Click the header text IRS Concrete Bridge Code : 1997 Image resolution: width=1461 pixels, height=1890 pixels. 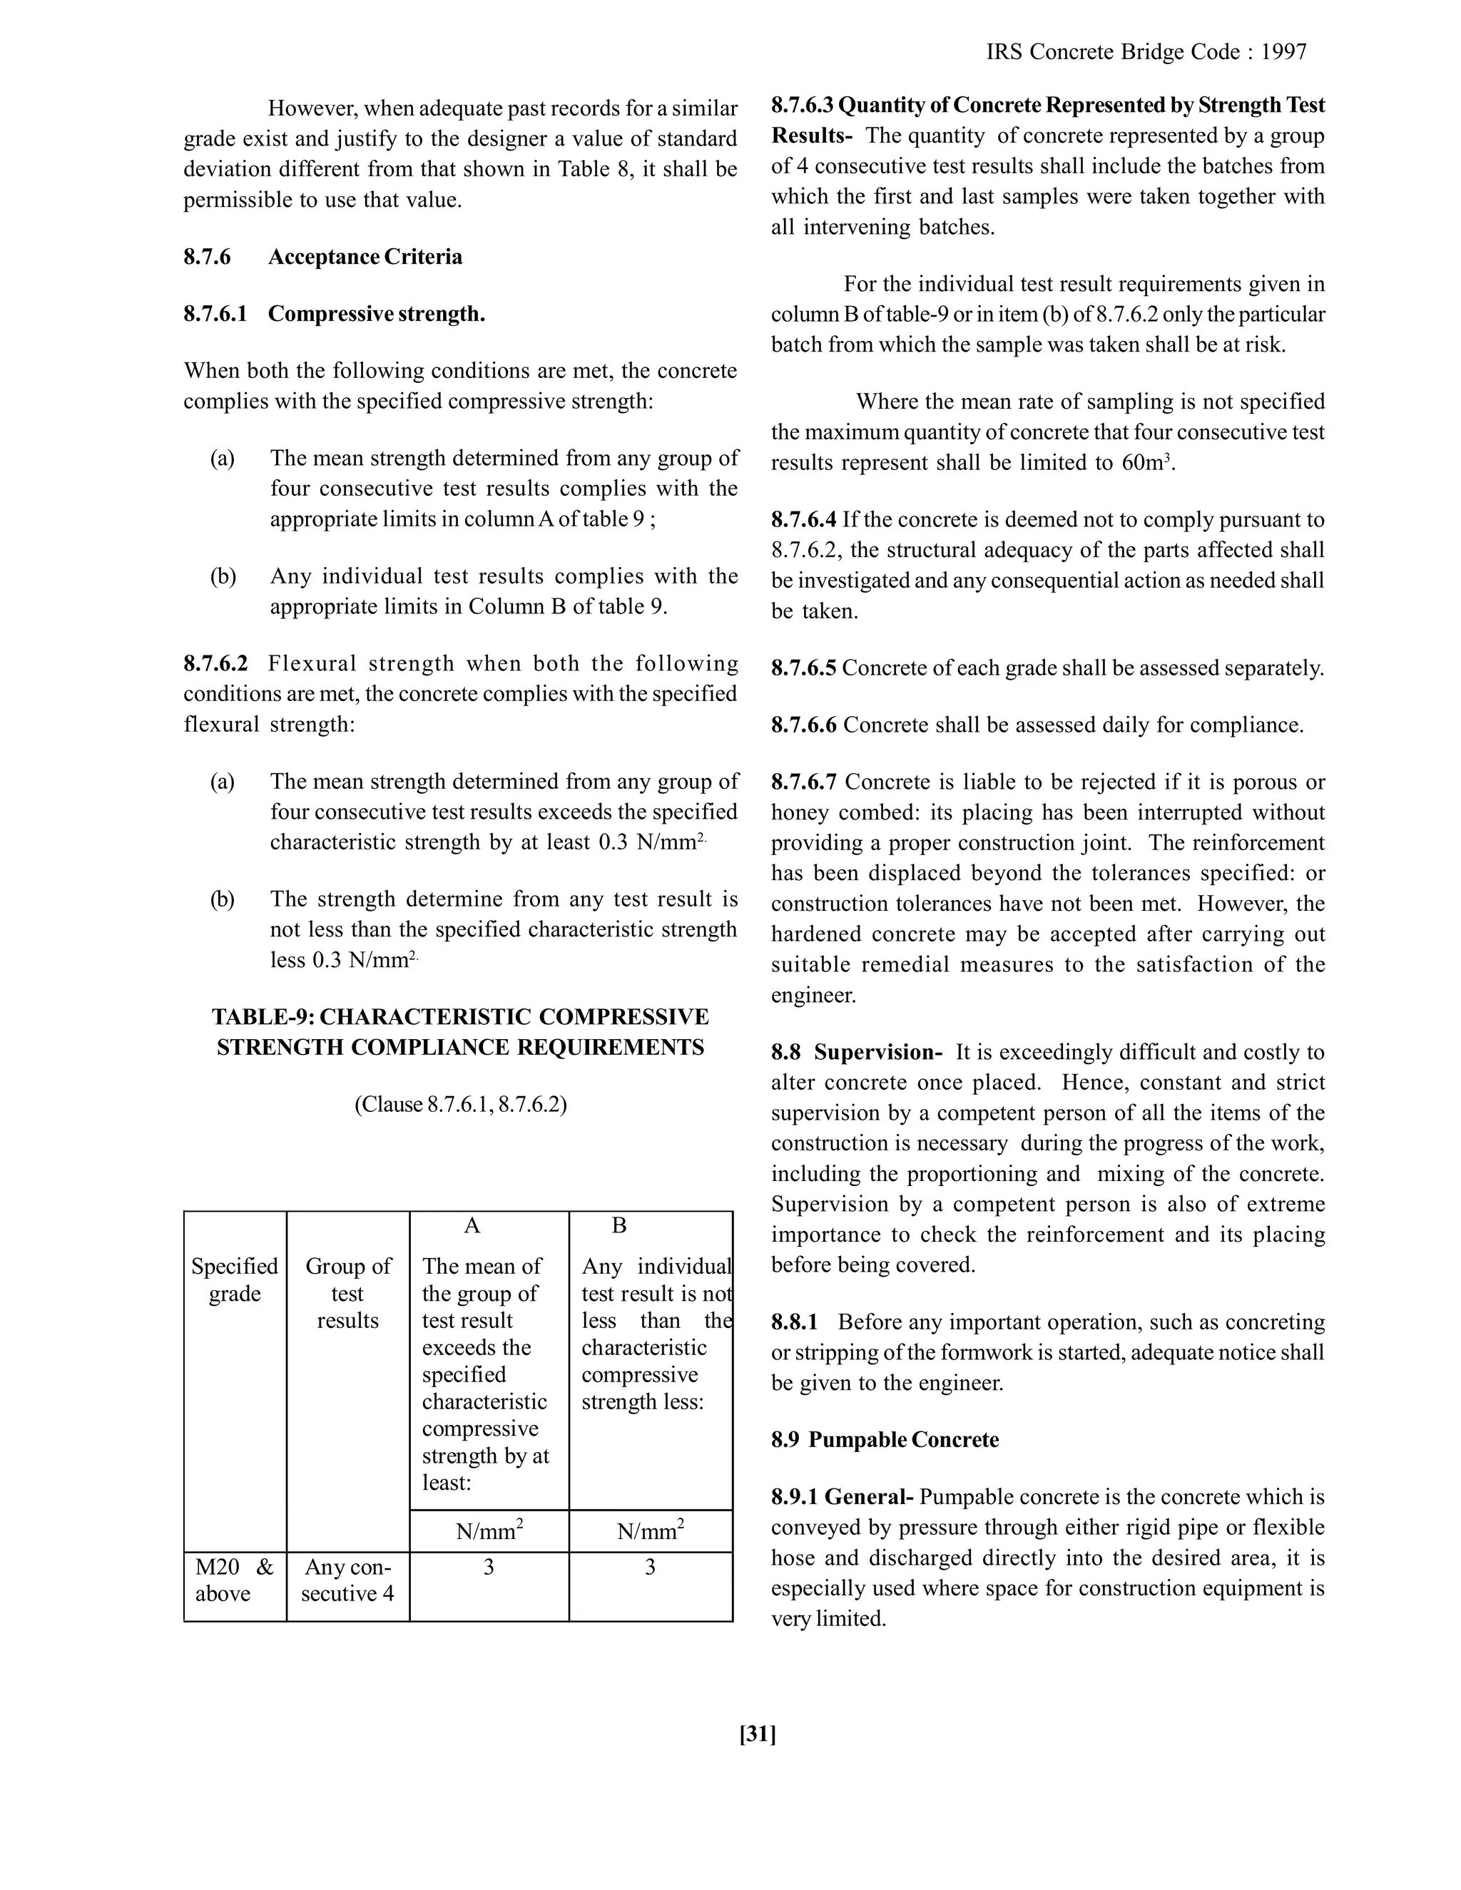(1146, 53)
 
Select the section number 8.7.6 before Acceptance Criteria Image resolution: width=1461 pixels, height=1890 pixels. (207, 257)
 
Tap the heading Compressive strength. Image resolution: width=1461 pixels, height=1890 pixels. (376, 314)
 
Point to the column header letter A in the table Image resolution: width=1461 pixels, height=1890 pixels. (472, 1225)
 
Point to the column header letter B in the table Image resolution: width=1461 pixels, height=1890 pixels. (618, 1225)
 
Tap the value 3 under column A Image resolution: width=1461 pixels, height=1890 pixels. (488, 1567)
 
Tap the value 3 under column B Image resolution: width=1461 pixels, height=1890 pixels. (650, 1567)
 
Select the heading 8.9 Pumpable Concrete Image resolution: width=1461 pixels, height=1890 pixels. (885, 1440)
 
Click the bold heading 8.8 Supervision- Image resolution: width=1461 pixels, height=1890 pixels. (856, 1052)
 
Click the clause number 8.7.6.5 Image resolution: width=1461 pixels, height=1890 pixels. (803, 668)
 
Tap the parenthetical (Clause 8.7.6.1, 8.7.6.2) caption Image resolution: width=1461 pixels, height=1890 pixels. (460, 1105)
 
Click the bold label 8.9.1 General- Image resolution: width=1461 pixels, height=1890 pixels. (843, 1497)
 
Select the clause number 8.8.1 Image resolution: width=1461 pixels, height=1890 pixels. (794, 1322)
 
